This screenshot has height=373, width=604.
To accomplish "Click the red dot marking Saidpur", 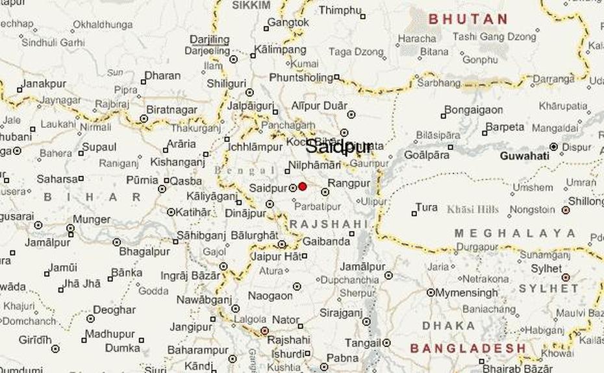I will pyautogui.click(x=303, y=186).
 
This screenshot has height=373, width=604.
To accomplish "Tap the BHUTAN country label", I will pyautogui.click(x=468, y=19).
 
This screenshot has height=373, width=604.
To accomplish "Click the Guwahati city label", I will pyautogui.click(x=524, y=156).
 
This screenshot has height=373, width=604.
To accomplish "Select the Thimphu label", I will pyautogui.click(x=339, y=10).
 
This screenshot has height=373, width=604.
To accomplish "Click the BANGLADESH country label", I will pyautogui.click(x=468, y=348).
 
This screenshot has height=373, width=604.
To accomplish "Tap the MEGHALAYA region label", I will pyautogui.click(x=515, y=234).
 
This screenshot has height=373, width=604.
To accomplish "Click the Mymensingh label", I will pyautogui.click(x=466, y=293).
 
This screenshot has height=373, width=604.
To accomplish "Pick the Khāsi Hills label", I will pyautogui.click(x=472, y=210).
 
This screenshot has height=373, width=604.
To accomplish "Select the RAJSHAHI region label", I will pyautogui.click(x=328, y=224).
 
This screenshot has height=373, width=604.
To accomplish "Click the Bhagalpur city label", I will pyautogui.click(x=144, y=251).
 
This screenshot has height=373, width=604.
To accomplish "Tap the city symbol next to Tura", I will pyautogui.click(x=414, y=213).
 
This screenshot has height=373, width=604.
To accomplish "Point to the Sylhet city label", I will pyautogui.click(x=546, y=268).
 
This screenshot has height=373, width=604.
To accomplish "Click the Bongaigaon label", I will pyautogui.click(x=474, y=110).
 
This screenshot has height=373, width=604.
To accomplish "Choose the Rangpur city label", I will pyautogui.click(x=349, y=184).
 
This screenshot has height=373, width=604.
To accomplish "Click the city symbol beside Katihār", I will pyautogui.click(x=171, y=212).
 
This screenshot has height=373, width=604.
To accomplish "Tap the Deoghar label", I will pyautogui.click(x=114, y=310).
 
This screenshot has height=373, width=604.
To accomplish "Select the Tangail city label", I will pyautogui.click(x=362, y=343).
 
